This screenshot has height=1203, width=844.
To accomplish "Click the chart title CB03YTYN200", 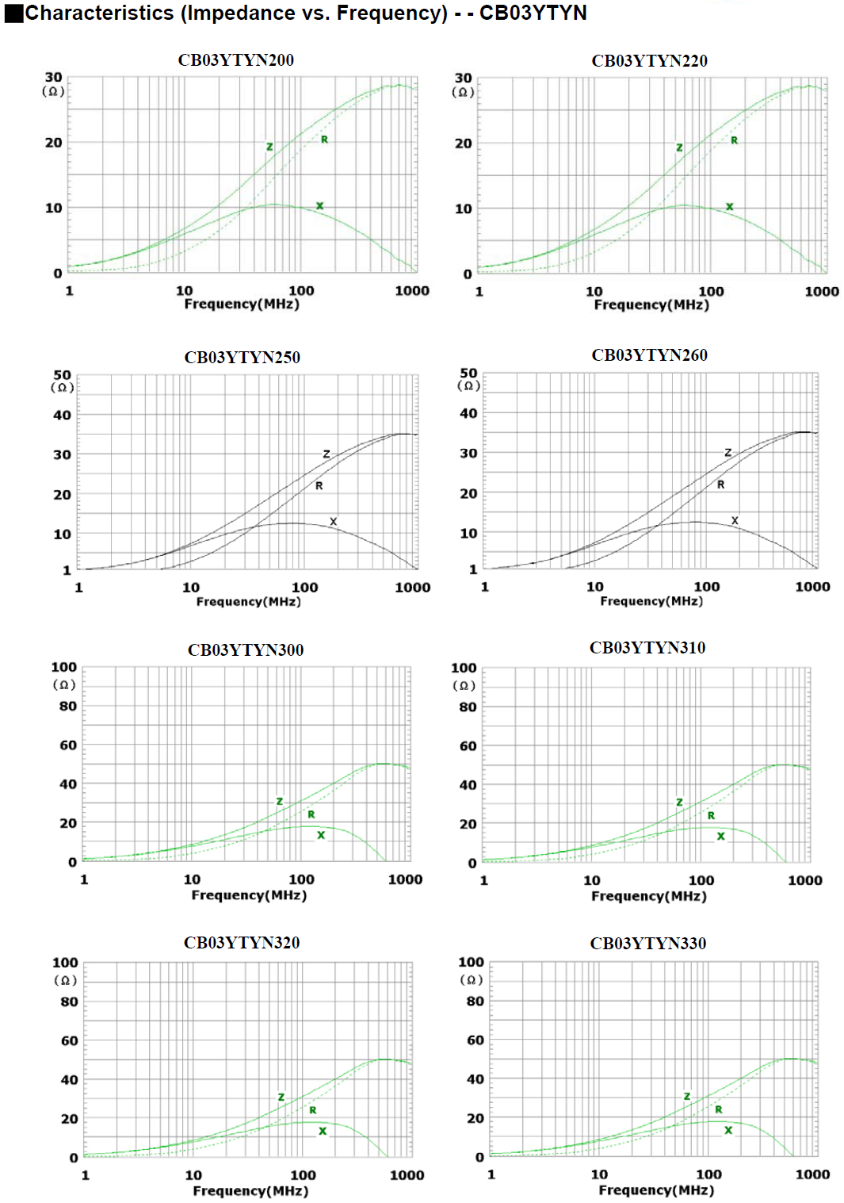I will (235, 60).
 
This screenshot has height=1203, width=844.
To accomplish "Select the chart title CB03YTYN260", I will (649, 355).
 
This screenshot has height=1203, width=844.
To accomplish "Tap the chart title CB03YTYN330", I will (647, 943).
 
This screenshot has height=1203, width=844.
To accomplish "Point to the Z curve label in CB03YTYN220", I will (679, 148).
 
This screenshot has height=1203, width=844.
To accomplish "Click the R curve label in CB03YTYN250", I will (319, 485).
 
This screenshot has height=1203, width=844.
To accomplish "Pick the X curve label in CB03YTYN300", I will (321, 835).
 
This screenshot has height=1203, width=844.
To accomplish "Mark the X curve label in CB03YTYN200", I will (319, 206).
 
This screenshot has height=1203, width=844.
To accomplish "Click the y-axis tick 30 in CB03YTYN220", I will (463, 78).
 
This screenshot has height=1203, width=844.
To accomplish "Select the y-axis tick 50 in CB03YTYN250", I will (62, 374).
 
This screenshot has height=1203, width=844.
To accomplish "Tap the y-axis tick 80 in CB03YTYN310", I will (468, 707).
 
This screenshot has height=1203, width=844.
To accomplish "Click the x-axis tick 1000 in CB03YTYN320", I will (407, 1174).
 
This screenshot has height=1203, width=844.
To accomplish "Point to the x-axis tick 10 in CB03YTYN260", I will (594, 587).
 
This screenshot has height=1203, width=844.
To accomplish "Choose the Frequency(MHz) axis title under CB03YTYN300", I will (249, 895).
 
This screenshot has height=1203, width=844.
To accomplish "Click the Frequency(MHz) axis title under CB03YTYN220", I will (651, 305).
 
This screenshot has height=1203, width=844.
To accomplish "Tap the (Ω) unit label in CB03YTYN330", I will (471, 979).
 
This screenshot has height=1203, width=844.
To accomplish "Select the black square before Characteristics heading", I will (13, 13).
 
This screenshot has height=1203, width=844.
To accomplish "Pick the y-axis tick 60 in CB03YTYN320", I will (70, 1040).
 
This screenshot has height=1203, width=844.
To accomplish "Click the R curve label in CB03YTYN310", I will (711, 815).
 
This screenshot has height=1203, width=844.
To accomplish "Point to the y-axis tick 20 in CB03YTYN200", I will (53, 143).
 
